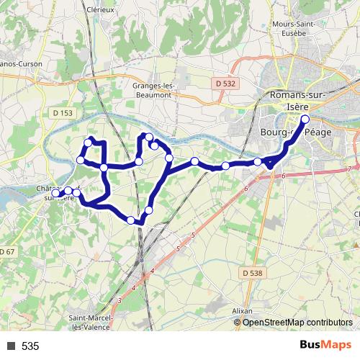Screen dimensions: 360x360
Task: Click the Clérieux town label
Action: (x=100, y=9)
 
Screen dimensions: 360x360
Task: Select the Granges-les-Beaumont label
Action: (x=152, y=89)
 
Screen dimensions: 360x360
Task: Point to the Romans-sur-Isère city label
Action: (x=297, y=102)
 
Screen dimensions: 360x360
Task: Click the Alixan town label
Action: (x=243, y=310)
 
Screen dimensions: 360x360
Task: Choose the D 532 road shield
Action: (x=225, y=84)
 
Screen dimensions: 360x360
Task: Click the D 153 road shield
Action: (x=63, y=112)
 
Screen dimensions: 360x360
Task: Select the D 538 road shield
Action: (x=253, y=273)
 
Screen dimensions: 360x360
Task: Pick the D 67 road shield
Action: (x=6, y=251)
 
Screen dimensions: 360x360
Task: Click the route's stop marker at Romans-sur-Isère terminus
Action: (x=305, y=119)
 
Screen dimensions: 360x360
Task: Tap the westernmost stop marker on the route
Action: (x=56, y=193)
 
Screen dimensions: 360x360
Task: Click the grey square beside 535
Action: (x=11, y=346)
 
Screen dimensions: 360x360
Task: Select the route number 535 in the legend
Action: (x=30, y=346)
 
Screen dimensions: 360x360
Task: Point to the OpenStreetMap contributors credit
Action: (x=297, y=323)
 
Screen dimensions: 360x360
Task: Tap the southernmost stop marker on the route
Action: (x=131, y=220)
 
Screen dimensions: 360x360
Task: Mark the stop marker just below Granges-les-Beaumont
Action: (x=148, y=137)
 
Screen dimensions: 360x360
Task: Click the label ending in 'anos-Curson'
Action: (x=21, y=63)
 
